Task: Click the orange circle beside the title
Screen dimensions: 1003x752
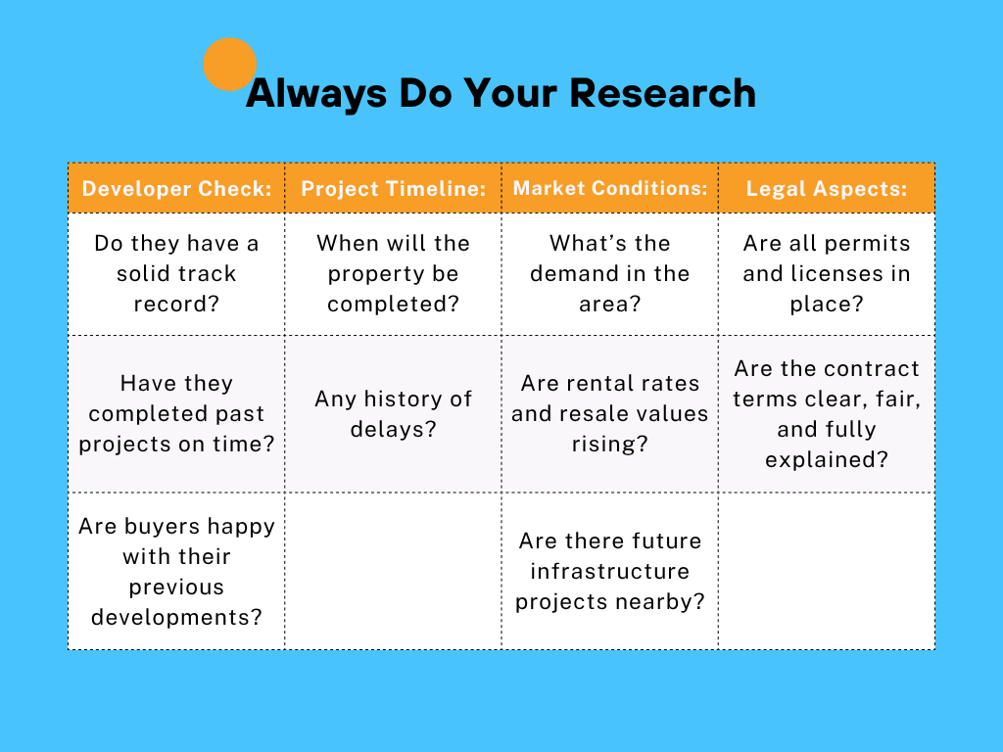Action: click(x=229, y=64)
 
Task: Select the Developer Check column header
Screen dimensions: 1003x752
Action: click(x=176, y=188)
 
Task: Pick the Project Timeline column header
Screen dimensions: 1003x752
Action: click(x=394, y=188)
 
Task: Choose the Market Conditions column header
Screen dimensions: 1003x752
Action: click(x=610, y=188)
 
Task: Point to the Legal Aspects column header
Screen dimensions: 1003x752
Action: click(x=827, y=188)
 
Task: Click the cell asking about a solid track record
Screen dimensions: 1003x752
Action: click(x=176, y=274)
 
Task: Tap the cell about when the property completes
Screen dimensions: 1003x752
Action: click(x=394, y=274)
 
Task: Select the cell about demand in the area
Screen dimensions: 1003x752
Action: click(x=610, y=274)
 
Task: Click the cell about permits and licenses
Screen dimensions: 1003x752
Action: click(x=827, y=274)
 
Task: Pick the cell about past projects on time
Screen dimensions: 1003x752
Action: click(x=176, y=414)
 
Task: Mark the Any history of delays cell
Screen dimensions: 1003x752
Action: click(x=394, y=414)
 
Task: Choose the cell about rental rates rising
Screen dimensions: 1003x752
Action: click(x=610, y=414)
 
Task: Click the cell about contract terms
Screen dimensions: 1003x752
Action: click(x=827, y=414)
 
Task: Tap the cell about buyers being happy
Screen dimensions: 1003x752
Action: click(x=176, y=571)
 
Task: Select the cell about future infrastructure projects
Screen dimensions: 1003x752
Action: click(x=610, y=571)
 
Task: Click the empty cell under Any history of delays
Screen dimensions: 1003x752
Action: click(x=394, y=571)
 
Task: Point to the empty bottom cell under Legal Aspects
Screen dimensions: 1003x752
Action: click(x=827, y=571)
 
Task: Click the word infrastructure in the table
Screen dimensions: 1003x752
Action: click(x=610, y=571)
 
